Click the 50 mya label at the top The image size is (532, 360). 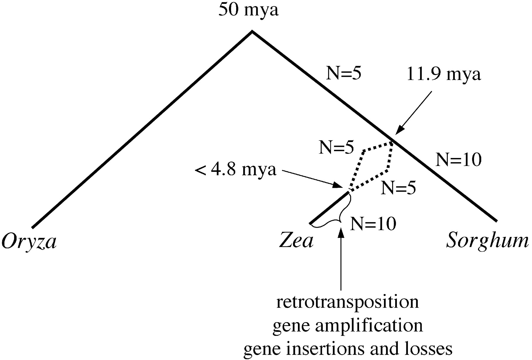(x=249, y=11)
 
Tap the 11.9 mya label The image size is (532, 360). (x=444, y=75)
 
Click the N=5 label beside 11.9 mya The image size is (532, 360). (x=343, y=74)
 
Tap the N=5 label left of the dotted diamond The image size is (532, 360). (x=336, y=147)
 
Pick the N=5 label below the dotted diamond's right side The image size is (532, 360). (x=398, y=188)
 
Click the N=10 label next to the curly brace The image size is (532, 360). (x=373, y=224)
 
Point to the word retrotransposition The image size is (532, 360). (x=347, y=302)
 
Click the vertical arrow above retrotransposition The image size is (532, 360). (x=341, y=260)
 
